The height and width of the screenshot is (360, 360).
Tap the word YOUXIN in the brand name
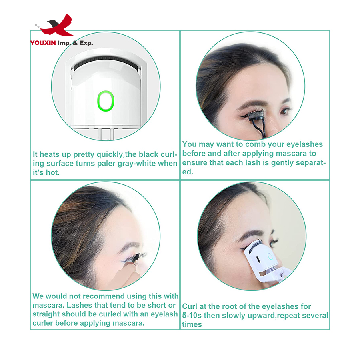point(43,43)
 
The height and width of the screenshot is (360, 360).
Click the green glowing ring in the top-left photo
point(106,101)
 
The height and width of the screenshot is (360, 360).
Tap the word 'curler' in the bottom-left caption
point(43,323)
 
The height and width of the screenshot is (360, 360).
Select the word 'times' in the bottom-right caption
point(192,324)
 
